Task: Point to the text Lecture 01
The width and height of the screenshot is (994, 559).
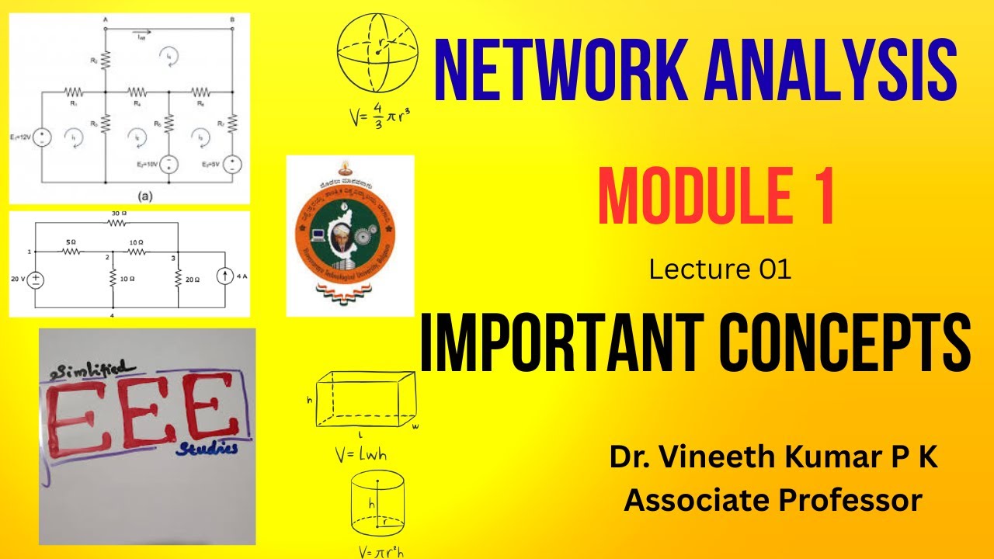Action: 720,269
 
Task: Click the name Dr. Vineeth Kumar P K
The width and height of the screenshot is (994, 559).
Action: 773,458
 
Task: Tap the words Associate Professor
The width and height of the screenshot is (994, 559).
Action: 773,500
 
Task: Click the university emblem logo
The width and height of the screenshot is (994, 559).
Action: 350,235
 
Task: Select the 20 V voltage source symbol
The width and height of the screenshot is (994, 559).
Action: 36,279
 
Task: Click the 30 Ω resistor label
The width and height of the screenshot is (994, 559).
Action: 116,213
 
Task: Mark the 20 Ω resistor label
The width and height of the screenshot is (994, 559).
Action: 193,279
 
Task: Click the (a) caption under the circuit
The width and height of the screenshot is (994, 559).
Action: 144,197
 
